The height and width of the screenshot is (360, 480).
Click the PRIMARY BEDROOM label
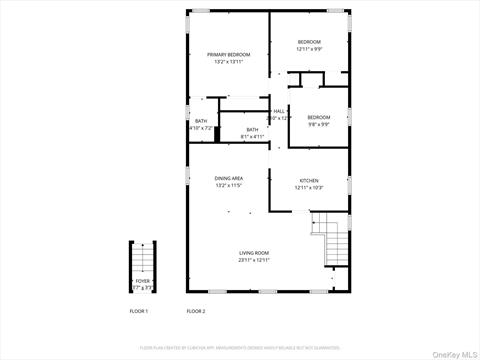228,54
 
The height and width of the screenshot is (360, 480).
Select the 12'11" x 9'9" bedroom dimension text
308,49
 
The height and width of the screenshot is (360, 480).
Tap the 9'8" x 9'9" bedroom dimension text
318,125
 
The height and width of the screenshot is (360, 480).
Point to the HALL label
279,111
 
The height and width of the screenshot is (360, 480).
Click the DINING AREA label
228,178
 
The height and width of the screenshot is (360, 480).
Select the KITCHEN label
308,181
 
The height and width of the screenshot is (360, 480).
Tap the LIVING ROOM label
254,253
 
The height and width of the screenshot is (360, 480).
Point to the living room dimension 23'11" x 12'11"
254,260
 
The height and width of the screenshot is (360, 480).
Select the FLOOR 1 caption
139,312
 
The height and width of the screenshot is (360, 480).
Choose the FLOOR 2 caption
196,312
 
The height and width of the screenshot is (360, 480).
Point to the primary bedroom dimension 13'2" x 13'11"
228,61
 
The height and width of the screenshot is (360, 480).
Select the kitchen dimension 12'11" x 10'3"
308,188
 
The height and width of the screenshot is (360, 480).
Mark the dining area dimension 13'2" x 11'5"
228,185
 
